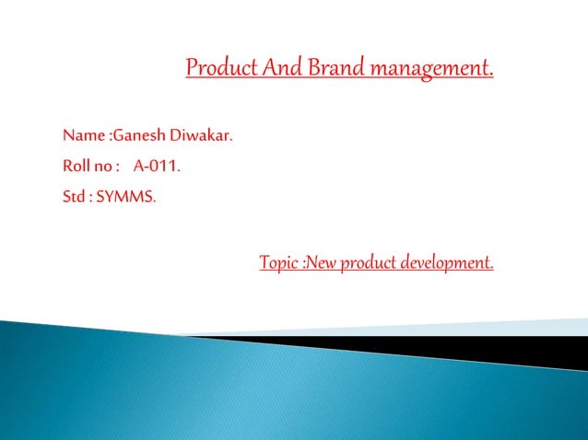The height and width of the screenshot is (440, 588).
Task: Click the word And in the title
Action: tap(280, 68)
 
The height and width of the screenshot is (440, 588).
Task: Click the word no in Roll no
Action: tap(103, 167)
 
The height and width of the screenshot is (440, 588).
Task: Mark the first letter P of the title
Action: tap(192, 68)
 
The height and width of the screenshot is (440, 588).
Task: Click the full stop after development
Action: tap(491, 269)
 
